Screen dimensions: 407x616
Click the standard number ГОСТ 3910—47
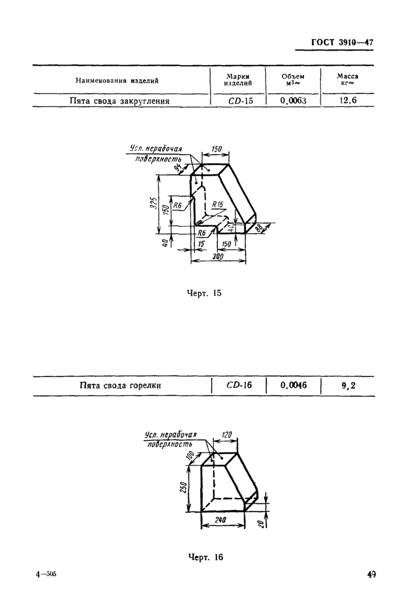pyautogui.click(x=342, y=42)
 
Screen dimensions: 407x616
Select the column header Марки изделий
pyautogui.click(x=238, y=80)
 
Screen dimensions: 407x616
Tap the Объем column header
pyautogui.click(x=293, y=80)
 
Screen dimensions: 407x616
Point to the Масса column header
pyautogui.click(x=347, y=80)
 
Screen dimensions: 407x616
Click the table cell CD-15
pyautogui.click(x=241, y=101)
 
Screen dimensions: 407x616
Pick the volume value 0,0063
pyautogui.click(x=294, y=101)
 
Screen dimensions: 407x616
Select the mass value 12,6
pyautogui.click(x=348, y=100)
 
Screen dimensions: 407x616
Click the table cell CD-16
pyautogui.click(x=239, y=385)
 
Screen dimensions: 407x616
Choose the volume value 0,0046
pyautogui.click(x=294, y=385)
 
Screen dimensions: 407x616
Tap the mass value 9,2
pyautogui.click(x=348, y=386)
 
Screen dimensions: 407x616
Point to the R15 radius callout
pyautogui.click(x=217, y=205)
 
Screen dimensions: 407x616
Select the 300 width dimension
pyautogui.click(x=217, y=256)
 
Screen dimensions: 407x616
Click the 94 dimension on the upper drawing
pyautogui.click(x=178, y=169)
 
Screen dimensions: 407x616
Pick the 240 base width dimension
pyautogui.click(x=220, y=520)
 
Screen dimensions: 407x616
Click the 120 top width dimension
pyautogui.click(x=227, y=435)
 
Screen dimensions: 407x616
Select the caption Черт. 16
pyautogui.click(x=205, y=557)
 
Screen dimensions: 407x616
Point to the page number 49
pyautogui.click(x=371, y=574)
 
